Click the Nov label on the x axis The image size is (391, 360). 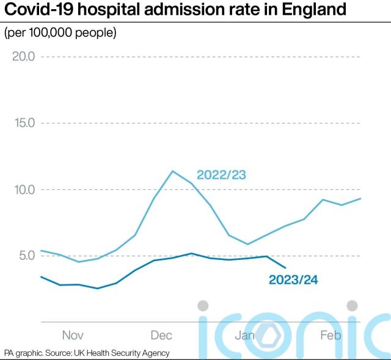click(72, 335)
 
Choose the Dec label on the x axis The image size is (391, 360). click(161, 335)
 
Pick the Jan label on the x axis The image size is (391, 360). click(246, 335)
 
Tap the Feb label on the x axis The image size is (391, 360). click(331, 335)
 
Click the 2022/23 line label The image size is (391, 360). click(221, 175)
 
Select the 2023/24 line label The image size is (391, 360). click(294, 280)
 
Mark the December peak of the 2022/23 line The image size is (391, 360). click(173, 171)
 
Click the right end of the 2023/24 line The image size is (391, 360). click(285, 267)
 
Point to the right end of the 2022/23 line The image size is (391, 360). click(360, 198)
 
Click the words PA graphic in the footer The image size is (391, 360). click(24, 353)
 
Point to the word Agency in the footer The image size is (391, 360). click(156, 353)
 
